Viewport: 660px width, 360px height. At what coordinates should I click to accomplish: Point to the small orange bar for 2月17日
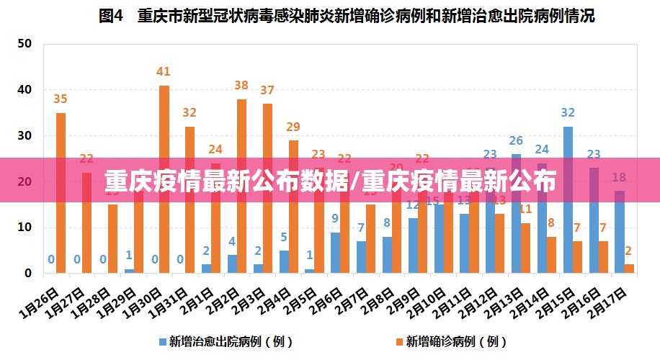click(x=629, y=269)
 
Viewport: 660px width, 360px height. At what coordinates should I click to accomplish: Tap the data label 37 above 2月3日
click(x=267, y=90)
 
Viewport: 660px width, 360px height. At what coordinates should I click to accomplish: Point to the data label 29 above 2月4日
click(x=293, y=127)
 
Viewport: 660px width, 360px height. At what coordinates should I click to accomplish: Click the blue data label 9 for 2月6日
click(x=335, y=218)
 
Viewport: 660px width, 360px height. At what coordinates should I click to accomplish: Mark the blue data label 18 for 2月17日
click(x=619, y=177)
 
